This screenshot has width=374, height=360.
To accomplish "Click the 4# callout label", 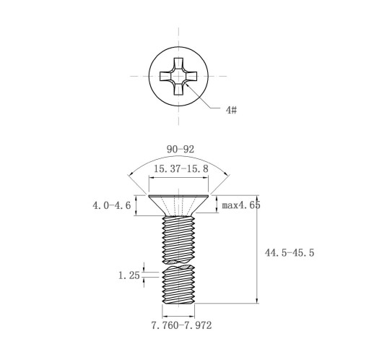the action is pos(231,110).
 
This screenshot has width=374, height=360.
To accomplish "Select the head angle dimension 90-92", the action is pos(181,150).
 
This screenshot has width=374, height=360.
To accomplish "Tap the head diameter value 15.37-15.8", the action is pos(181,168).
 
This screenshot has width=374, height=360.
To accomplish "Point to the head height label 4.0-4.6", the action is pos(112,205).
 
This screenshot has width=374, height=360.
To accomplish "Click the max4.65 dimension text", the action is pos(241,205).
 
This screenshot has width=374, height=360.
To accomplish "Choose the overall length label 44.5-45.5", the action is pos(290,253).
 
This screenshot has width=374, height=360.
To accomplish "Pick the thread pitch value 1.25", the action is pos(129,275).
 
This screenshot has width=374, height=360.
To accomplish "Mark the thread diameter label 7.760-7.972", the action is pos(181,325).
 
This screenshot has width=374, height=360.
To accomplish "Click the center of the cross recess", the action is pos(178,76).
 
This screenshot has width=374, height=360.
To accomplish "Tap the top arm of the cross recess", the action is pos(178,64).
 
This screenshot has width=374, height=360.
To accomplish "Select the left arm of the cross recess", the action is pos(166,76).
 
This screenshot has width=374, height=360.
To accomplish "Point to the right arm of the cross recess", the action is pos(191,76).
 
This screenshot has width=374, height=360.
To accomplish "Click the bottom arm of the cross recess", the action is pos(178,89).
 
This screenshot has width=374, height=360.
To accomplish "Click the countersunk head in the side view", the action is pos(178,205).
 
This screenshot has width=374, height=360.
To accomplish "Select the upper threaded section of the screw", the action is pos(178,239).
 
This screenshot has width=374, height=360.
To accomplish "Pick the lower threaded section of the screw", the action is pos(178,284).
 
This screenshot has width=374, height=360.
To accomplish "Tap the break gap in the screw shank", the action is pos(178,264).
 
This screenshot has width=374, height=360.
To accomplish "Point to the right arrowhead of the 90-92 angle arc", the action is pos(227,175).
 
